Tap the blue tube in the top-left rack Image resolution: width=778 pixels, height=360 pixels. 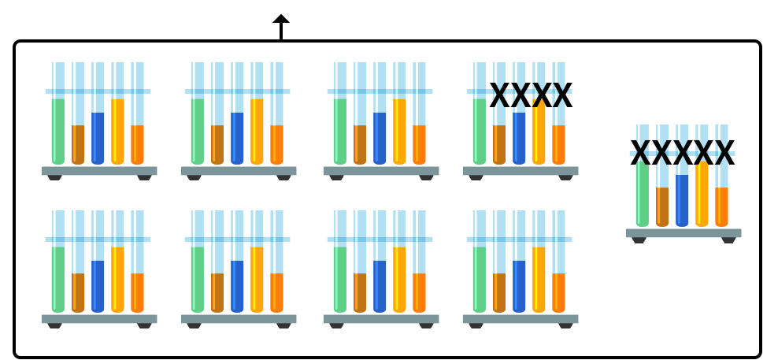click(x=97, y=138)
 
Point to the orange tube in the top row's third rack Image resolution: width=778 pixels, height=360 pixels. click(x=417, y=144)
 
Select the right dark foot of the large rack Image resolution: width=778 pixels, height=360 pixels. click(x=728, y=257)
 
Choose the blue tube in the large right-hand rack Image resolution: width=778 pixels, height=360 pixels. click(x=681, y=200)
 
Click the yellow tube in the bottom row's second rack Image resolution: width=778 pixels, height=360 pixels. click(x=257, y=280)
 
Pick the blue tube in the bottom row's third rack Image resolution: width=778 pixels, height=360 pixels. click(x=379, y=286)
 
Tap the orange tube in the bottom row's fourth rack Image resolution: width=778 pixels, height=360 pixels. click(x=557, y=292)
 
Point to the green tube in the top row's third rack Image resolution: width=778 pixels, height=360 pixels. click(x=339, y=132)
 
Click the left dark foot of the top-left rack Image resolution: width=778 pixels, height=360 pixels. click(x=54, y=186)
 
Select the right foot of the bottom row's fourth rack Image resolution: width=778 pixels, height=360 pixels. click(x=565, y=332)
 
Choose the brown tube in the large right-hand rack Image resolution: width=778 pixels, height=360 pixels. click(x=661, y=206)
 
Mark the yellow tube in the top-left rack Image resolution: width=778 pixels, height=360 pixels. click(x=117, y=132)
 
